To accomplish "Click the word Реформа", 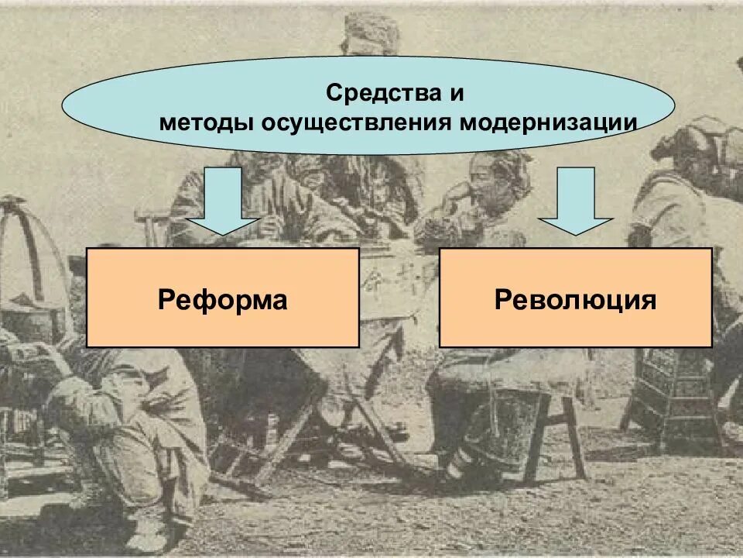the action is (x=222, y=299).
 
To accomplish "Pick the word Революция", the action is (x=575, y=299).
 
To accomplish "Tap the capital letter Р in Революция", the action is (x=502, y=299).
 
